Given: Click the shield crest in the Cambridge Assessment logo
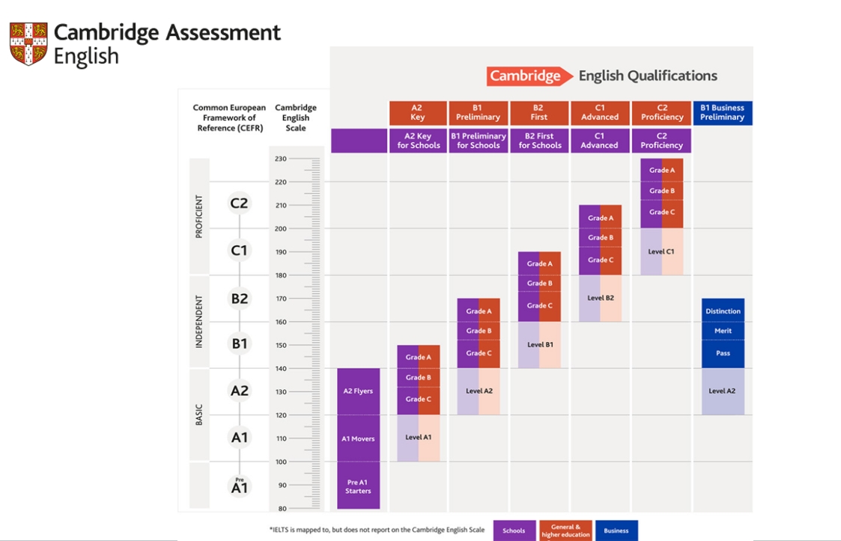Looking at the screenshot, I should [x=28, y=43].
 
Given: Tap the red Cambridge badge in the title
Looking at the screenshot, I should [x=525, y=76].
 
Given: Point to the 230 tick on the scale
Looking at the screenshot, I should [x=281, y=159].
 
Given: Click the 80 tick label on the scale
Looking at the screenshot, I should [x=281, y=509].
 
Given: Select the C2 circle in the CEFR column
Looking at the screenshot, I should [x=239, y=204].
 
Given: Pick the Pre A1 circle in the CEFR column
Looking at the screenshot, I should [x=239, y=486].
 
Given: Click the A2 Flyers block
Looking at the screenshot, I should [x=358, y=391].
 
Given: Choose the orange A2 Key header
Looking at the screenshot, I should [x=418, y=112].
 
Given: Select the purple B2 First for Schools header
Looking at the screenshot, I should [x=540, y=141].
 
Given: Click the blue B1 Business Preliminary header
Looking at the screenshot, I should [x=722, y=112].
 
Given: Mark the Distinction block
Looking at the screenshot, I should [x=723, y=311].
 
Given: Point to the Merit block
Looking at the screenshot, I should [x=723, y=331].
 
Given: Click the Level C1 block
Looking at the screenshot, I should [x=661, y=251].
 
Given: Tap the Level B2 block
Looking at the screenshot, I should [x=600, y=298].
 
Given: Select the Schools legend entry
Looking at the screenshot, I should [x=514, y=531].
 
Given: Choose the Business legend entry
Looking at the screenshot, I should [x=616, y=531].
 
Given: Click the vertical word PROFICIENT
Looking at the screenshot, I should [x=199, y=216].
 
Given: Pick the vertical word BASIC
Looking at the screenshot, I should [x=199, y=415].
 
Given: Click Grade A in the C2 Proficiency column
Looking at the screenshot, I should [x=661, y=170].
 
